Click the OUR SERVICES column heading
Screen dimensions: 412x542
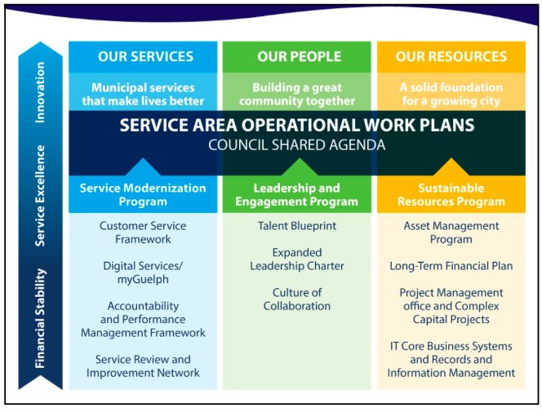[x=145, y=57]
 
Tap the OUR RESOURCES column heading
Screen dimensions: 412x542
[x=451, y=57]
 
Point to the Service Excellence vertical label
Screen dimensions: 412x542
[x=40, y=196]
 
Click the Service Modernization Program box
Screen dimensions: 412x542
[x=143, y=194]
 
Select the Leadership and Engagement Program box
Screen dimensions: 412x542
[x=296, y=194]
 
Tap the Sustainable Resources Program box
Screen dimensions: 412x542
[x=451, y=194]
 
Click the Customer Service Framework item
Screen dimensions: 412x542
[x=143, y=233]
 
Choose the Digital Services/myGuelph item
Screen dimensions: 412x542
[x=143, y=272]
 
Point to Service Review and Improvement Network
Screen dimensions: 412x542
[x=143, y=365]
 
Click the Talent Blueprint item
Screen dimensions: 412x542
[x=296, y=226]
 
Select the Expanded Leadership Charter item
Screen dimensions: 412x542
[x=296, y=259]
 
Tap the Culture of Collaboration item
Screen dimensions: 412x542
[x=296, y=299]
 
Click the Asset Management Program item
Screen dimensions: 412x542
[x=451, y=233]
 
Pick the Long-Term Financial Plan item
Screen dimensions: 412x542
[x=451, y=266]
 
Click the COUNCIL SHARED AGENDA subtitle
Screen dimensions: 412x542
[x=296, y=145]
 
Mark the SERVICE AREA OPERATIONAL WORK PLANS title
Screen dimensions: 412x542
[x=296, y=126]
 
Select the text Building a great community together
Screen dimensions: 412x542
[x=296, y=94]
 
